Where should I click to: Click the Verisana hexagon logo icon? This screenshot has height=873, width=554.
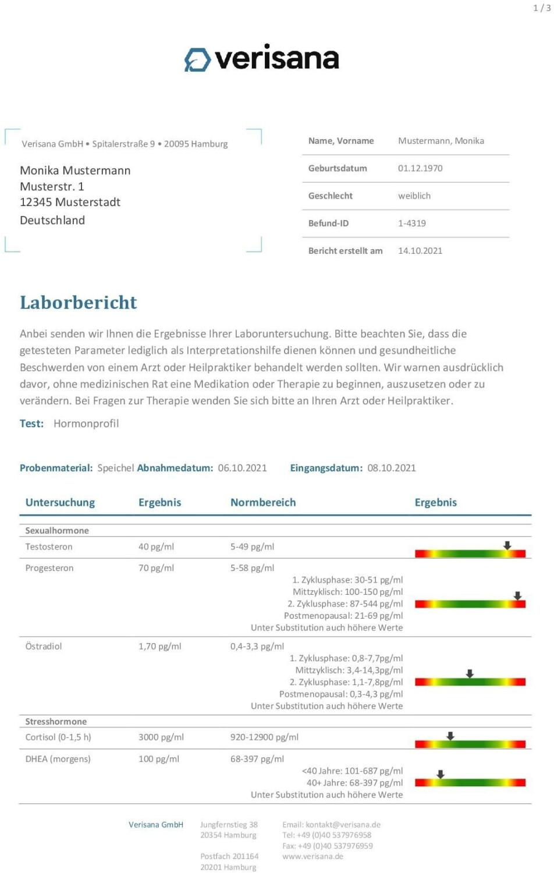(197, 59)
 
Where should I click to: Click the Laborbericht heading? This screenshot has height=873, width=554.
(79, 303)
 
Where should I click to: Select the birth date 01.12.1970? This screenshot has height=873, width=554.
(420, 168)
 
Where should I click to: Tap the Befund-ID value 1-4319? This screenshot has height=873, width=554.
(412, 223)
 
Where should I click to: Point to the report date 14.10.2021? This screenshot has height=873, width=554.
(420, 251)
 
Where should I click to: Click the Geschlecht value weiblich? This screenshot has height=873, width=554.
(414, 196)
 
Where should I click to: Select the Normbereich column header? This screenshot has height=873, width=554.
(263, 502)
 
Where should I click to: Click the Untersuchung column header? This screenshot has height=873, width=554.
(60, 502)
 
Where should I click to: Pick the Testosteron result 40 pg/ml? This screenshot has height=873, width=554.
(156, 546)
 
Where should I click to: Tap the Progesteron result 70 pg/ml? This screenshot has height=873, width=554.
(156, 568)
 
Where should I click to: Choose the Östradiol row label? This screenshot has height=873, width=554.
(44, 646)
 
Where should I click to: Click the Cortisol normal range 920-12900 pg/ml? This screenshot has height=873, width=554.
(264, 737)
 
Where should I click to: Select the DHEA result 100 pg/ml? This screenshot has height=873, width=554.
(158, 759)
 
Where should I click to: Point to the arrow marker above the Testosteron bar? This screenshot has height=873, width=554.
(507, 545)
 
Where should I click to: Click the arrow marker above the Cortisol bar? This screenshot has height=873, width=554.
(450, 736)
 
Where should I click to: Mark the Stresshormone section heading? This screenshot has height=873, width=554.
(56, 721)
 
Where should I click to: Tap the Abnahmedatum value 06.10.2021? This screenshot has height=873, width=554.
(242, 468)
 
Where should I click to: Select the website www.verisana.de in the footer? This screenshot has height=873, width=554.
(312, 856)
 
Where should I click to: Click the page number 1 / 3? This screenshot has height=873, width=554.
(542, 8)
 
